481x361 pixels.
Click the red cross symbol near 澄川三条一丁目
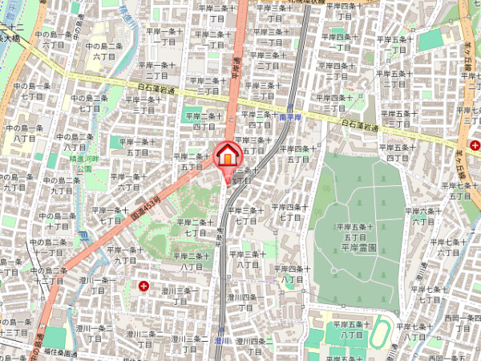[x=143, y=286]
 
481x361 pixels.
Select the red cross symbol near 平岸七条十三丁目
[x=476, y=145]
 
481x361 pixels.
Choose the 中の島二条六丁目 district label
[x=103, y=51]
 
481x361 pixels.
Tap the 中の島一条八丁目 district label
[x=22, y=132]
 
